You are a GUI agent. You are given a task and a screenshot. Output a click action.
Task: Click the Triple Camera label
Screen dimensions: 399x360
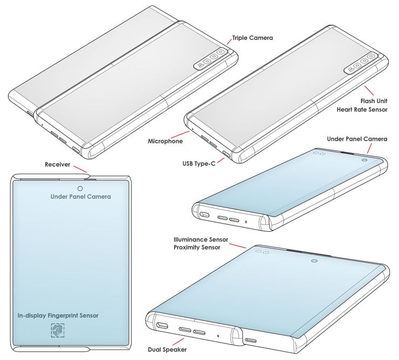[252, 38]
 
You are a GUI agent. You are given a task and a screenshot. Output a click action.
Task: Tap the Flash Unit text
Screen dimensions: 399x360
[374, 101]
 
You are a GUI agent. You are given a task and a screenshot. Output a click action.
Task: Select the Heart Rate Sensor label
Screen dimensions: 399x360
[362, 109]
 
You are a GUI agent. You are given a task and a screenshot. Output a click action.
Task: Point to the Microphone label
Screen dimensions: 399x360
[165, 141]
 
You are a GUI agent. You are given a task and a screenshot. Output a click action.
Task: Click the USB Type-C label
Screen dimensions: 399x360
[199, 164]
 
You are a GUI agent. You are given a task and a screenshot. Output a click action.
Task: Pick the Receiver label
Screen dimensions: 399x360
[57, 164]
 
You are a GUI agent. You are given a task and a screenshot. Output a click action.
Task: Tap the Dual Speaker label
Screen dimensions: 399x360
[167, 350]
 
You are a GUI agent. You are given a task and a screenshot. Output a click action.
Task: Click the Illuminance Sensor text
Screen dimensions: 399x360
[201, 239]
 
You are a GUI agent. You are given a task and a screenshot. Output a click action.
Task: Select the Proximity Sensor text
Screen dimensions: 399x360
[197, 247]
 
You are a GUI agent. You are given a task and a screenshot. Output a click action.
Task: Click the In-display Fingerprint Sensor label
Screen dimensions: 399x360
[58, 315]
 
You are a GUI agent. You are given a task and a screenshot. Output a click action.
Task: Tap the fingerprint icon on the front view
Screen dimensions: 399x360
[58, 330]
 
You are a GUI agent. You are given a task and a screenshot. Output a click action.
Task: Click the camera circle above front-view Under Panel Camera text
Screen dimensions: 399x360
[80, 188]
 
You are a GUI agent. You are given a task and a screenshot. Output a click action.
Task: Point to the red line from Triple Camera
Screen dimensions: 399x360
[229, 41]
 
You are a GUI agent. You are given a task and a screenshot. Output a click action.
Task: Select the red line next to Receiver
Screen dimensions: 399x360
[80, 169]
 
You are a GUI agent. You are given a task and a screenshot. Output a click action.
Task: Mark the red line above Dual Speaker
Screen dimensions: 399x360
[177, 342]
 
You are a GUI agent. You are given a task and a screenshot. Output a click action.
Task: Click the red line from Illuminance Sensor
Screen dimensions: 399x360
[238, 246]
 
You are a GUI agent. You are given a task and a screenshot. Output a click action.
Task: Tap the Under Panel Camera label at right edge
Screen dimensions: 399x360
[357, 139]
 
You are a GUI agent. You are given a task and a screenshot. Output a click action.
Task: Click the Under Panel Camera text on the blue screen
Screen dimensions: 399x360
[81, 197]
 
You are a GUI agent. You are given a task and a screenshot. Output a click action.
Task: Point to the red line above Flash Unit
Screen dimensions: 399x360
[369, 91]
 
